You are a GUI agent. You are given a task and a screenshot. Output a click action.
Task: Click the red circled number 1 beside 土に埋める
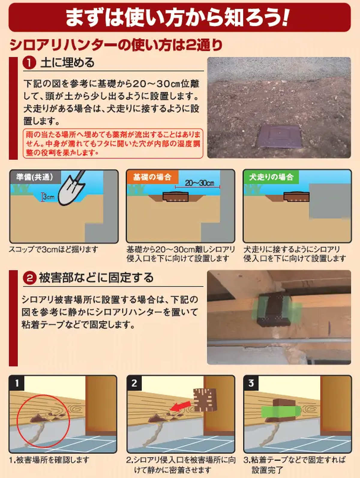pyautogui.click(x=29, y=63)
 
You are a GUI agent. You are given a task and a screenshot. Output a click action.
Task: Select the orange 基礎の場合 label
pyautogui.click(x=152, y=177)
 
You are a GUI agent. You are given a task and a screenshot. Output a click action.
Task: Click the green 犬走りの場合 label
pyautogui.click(x=271, y=177)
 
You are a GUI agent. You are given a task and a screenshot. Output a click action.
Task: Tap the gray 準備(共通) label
pyautogui.click(x=35, y=177)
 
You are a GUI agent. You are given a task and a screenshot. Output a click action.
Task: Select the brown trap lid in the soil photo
pyautogui.click(x=280, y=136)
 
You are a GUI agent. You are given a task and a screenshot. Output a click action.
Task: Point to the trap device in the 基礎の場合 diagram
pyautogui.click(x=175, y=197)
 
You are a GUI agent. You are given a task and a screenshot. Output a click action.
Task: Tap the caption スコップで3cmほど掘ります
pyautogui.click(x=53, y=250)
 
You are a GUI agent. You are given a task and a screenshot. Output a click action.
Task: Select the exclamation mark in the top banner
pyautogui.click(x=285, y=17)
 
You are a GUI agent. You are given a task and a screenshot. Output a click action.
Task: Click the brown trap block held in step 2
pyautogui.click(x=205, y=399)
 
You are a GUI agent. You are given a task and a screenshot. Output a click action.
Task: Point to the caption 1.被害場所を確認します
pyautogui.click(x=49, y=460)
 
